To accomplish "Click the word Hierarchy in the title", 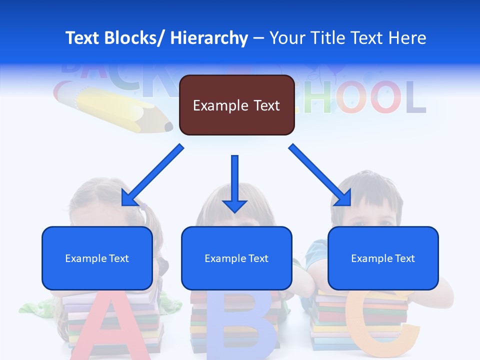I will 209,38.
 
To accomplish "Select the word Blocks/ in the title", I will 135,38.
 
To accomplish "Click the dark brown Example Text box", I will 236,105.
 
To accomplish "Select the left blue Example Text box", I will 97,258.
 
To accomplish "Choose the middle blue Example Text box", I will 236,258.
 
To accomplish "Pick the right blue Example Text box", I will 383,258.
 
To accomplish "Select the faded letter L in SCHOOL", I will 415,97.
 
